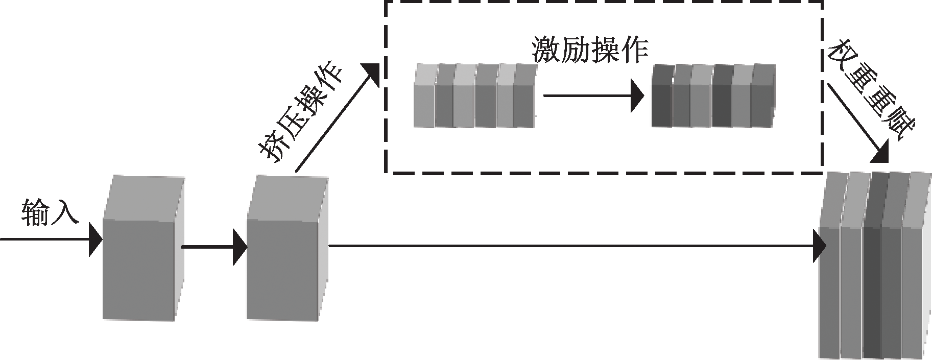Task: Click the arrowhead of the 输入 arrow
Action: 95,239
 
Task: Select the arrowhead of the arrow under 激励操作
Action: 637,95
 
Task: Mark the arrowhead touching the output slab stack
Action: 819,246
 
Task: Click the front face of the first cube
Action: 140,269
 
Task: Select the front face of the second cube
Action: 283,269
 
